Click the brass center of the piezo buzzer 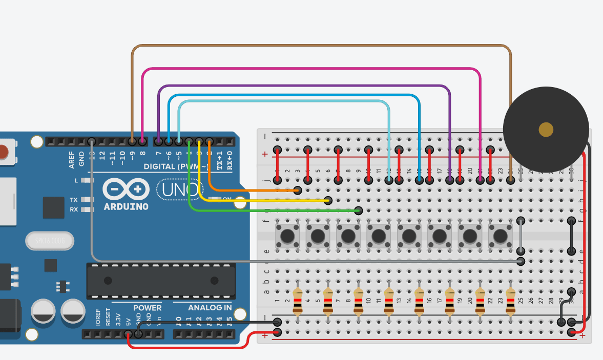[x=546, y=130]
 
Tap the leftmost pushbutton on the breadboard [x=288, y=236]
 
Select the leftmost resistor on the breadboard [x=298, y=301]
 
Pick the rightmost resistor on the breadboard [x=510, y=301]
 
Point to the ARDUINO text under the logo [x=126, y=207]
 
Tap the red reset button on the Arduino [x=4, y=152]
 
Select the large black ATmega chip [x=160, y=281]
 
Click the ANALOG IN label [x=210, y=308]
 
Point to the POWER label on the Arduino [x=147, y=308]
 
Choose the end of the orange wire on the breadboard [x=298, y=190]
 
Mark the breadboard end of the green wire [x=359, y=210]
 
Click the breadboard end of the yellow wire [x=328, y=200]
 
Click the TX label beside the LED [x=74, y=200]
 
